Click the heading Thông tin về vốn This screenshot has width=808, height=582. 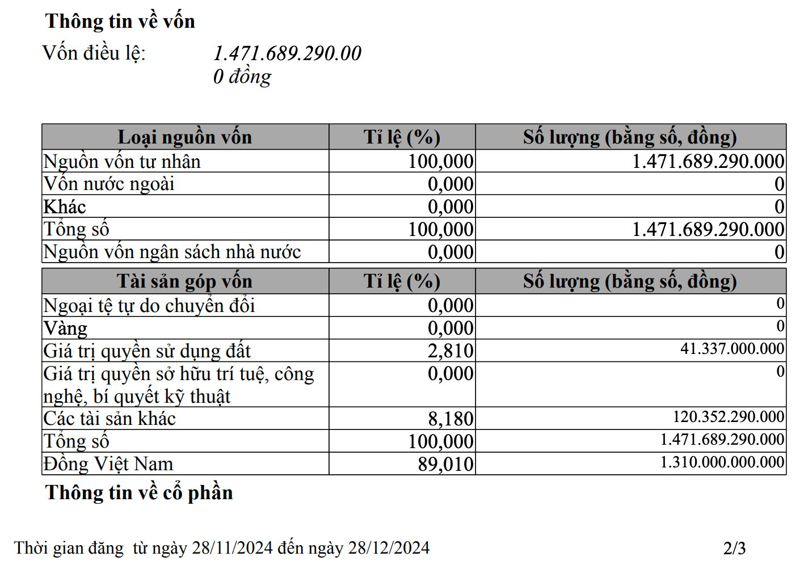(x=120, y=22)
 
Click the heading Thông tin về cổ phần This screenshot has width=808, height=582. (x=139, y=492)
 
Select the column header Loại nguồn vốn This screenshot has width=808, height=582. (x=184, y=137)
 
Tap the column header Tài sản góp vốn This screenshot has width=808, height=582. (x=184, y=281)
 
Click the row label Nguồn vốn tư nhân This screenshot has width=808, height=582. (x=122, y=162)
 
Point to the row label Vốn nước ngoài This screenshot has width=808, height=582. (x=109, y=184)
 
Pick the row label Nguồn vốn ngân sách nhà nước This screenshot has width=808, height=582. (x=172, y=252)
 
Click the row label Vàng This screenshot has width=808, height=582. (x=65, y=328)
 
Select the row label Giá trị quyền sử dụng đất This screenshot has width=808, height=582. (x=147, y=351)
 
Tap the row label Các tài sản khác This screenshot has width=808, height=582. (x=110, y=419)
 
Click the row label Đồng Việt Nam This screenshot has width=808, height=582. (x=108, y=464)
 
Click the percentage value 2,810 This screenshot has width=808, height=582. (x=451, y=351)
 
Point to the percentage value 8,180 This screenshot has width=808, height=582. (x=451, y=419)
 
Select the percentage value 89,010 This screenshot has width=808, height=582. (x=445, y=464)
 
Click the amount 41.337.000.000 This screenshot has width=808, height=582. (x=732, y=348)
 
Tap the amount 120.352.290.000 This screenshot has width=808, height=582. (x=729, y=416)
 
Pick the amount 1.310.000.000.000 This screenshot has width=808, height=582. (x=722, y=462)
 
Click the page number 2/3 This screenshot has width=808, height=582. (x=734, y=548)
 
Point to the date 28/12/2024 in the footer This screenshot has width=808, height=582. (x=389, y=548)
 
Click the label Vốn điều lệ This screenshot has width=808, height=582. (x=94, y=53)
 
